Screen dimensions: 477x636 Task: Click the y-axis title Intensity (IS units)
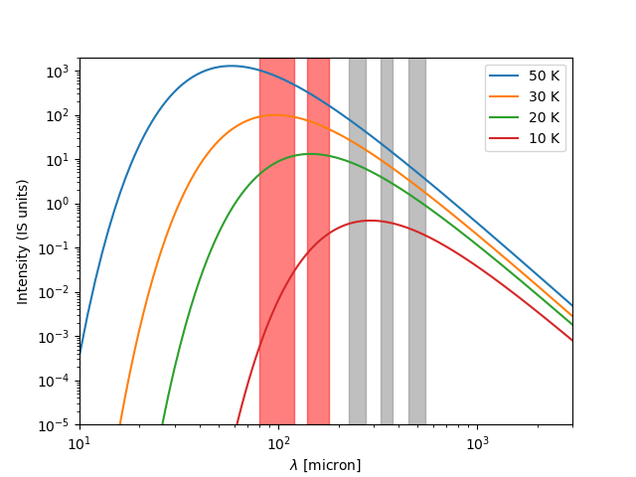tap(23, 241)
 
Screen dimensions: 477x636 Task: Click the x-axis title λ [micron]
tap(325, 465)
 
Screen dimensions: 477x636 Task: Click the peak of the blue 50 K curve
tap(231, 66)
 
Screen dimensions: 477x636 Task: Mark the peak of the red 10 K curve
tap(370, 221)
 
